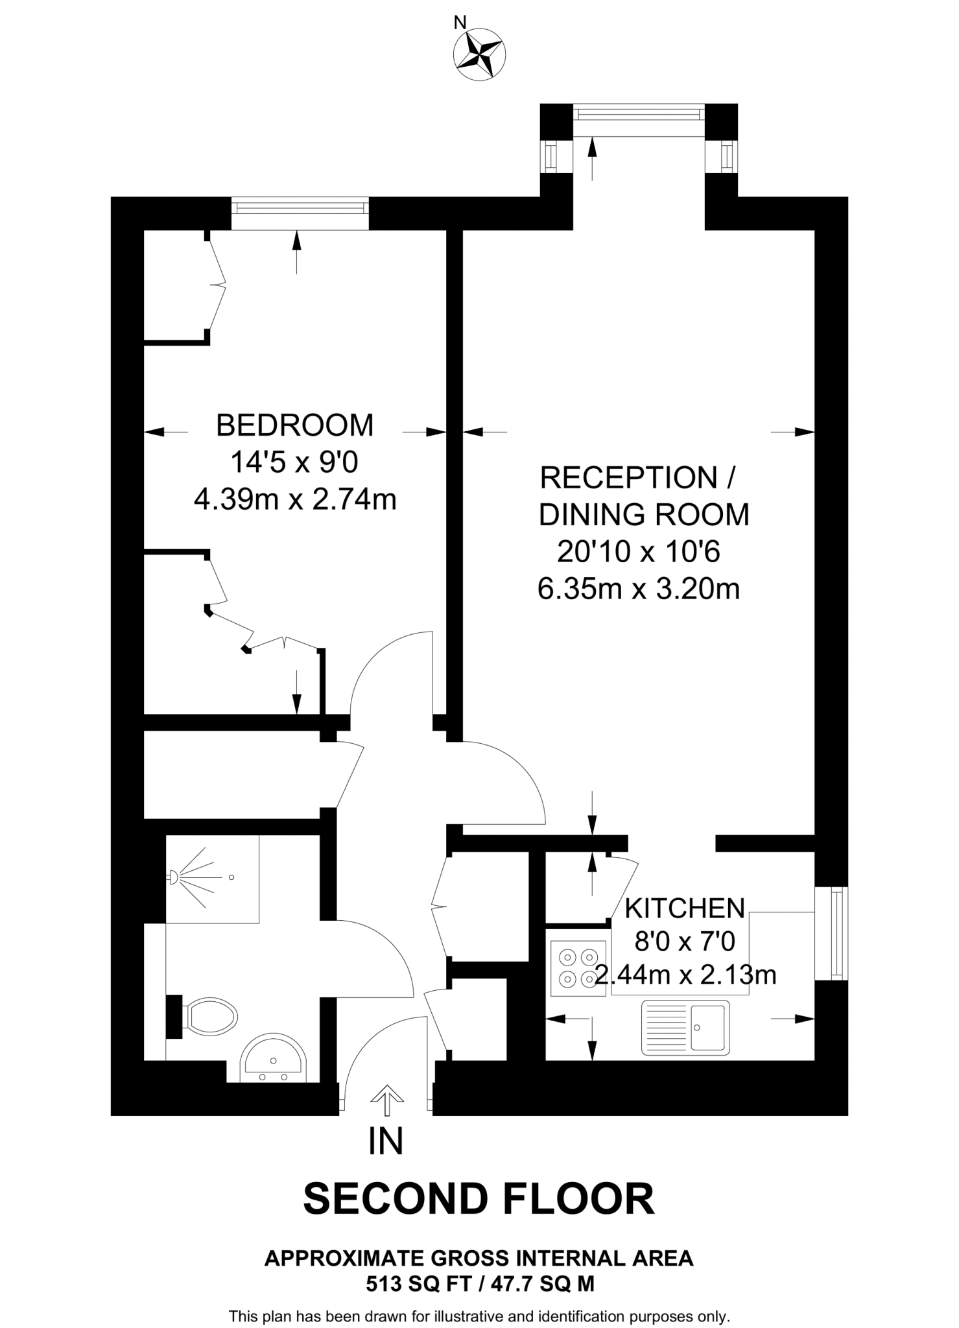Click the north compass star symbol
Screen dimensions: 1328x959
pos(479,55)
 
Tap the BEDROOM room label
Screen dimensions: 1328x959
pos(294,425)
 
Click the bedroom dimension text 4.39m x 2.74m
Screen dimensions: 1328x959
pos(294,500)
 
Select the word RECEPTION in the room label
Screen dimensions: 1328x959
pos(628,478)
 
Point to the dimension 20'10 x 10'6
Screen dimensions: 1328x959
pos(639,552)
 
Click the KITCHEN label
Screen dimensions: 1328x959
pos(685,908)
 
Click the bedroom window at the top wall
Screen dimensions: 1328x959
pos(300,208)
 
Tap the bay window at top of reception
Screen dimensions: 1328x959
pos(639,114)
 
